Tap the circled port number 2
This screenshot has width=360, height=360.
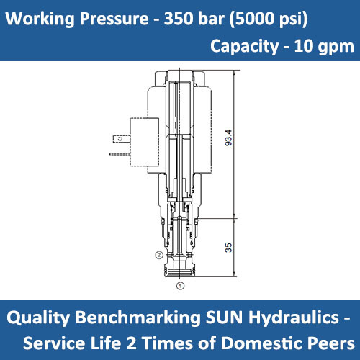(x=158, y=255)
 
